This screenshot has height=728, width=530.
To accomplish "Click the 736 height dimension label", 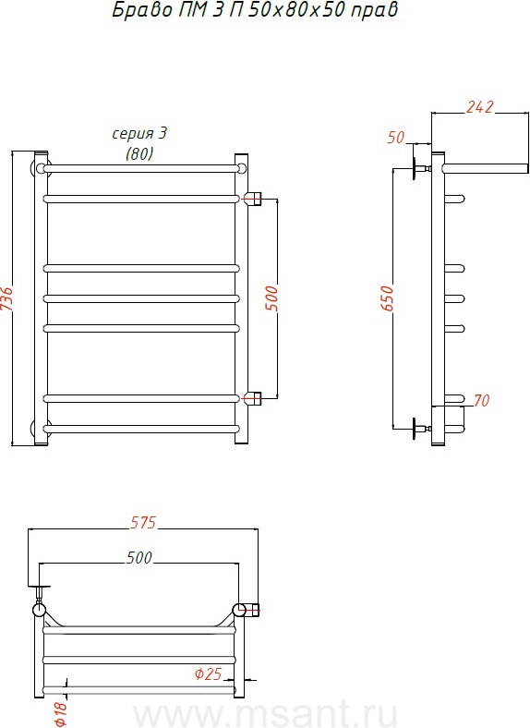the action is coord(6,299).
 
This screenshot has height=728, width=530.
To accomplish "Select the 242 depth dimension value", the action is coord(480,107).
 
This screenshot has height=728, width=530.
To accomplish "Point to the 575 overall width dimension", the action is coord(143,522).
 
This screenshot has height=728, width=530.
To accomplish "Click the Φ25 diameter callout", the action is coord(209,673).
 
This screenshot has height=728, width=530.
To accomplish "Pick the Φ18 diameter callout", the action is coord(61,712).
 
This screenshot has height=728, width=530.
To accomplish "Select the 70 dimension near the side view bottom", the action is coord(482,400).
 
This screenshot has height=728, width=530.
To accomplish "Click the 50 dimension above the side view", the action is coord(396,138).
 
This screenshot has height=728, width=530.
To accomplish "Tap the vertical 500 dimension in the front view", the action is coord(271,298).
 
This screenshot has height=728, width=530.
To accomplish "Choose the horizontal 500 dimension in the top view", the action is coord(139,557).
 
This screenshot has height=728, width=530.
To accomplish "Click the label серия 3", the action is coord(139,134).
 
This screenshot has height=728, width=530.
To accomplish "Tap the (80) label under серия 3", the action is coord(139,153).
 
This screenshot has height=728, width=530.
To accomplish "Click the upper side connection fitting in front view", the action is coord(252,199).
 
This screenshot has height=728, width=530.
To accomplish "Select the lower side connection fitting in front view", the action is coord(252,398).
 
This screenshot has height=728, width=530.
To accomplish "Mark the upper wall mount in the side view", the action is coord(420,167).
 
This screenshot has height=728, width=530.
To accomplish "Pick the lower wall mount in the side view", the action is coord(420,428).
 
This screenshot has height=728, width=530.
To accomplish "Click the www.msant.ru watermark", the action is coord(265,713).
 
